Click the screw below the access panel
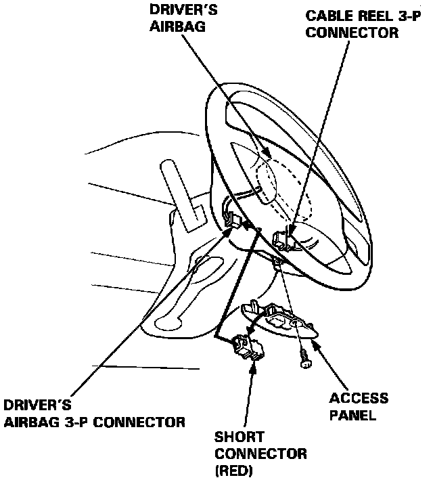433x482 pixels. pyautogui.click(x=304, y=361)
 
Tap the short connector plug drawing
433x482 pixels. pyautogui.click(x=248, y=347)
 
